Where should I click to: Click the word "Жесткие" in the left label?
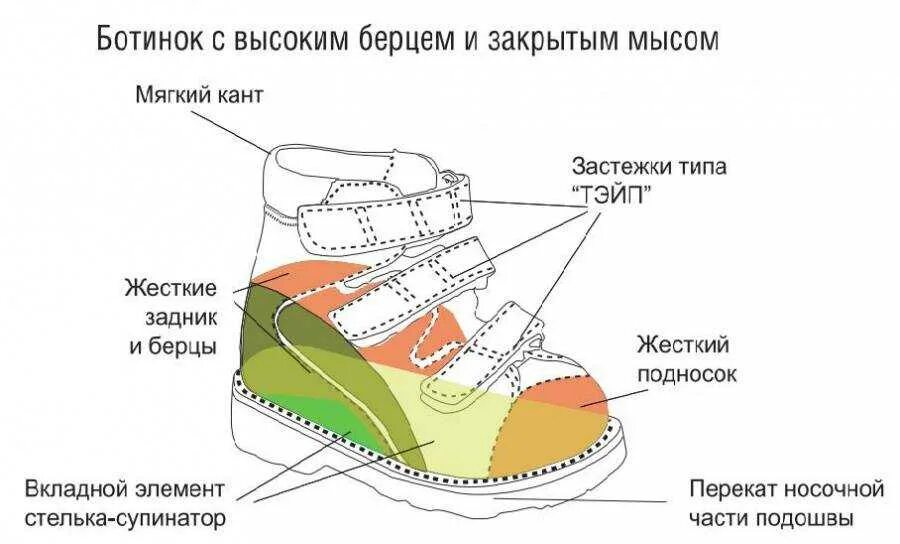[171, 289]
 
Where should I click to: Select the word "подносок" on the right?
[687, 374]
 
